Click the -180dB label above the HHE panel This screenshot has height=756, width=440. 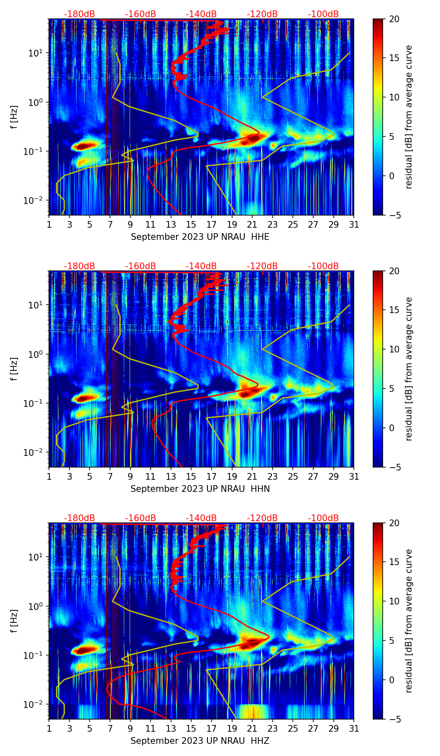(x=79, y=14)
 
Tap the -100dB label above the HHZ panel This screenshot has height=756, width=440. (x=323, y=518)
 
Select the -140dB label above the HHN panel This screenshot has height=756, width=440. (x=201, y=266)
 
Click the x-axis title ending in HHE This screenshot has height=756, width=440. (x=200, y=237)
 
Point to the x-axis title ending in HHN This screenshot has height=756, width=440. (x=200, y=489)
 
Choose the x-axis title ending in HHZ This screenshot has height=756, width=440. (x=200, y=741)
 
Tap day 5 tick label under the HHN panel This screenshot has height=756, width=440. (x=90, y=476)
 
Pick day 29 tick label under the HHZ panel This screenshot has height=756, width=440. (x=333, y=728)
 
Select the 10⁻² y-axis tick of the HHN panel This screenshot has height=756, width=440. (x=37, y=453)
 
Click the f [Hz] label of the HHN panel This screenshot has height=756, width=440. (x=14, y=369)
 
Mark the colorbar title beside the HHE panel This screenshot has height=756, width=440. (x=409, y=117)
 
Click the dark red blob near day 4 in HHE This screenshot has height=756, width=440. (x=86, y=146)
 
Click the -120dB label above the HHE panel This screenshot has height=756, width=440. (x=262, y=14)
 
